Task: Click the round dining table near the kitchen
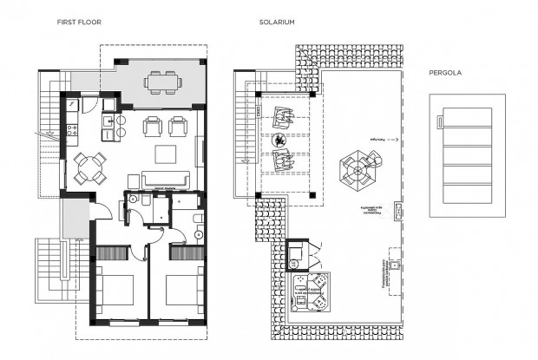click(89, 165)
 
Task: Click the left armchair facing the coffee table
click(153, 128)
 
